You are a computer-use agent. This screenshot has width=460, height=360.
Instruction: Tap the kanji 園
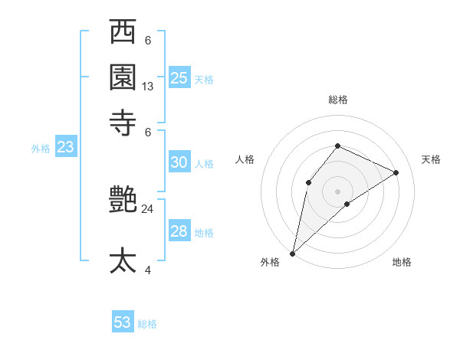click(x=123, y=77)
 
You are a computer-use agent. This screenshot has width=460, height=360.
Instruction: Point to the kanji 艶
click(x=123, y=201)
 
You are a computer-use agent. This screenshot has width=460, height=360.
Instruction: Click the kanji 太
click(x=123, y=260)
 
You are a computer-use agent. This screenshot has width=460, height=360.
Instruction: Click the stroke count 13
click(x=148, y=87)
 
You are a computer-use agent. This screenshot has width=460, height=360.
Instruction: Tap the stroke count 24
click(x=148, y=208)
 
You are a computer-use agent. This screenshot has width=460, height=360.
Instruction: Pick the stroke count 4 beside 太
click(x=148, y=270)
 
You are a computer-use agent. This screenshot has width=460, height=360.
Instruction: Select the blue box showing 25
click(x=179, y=77)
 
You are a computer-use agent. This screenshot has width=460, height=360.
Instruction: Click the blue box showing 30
click(x=179, y=162)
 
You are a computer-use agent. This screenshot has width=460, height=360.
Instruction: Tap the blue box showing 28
click(x=179, y=232)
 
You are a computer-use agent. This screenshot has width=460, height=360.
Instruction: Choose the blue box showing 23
click(x=65, y=147)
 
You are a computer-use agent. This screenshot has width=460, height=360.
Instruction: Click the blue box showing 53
click(x=123, y=322)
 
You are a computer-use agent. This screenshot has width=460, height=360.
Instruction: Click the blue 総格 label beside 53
click(x=147, y=324)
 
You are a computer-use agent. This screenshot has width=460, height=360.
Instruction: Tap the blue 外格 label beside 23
click(x=41, y=149)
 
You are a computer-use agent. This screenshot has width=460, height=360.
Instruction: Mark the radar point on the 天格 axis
click(x=396, y=172)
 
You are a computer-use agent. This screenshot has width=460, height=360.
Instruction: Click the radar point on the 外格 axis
click(x=292, y=253)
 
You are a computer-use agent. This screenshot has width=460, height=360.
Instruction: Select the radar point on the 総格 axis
click(x=337, y=146)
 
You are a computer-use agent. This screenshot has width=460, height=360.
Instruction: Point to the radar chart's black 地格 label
click(x=402, y=263)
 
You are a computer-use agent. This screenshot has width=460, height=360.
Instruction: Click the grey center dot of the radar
click(x=337, y=191)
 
